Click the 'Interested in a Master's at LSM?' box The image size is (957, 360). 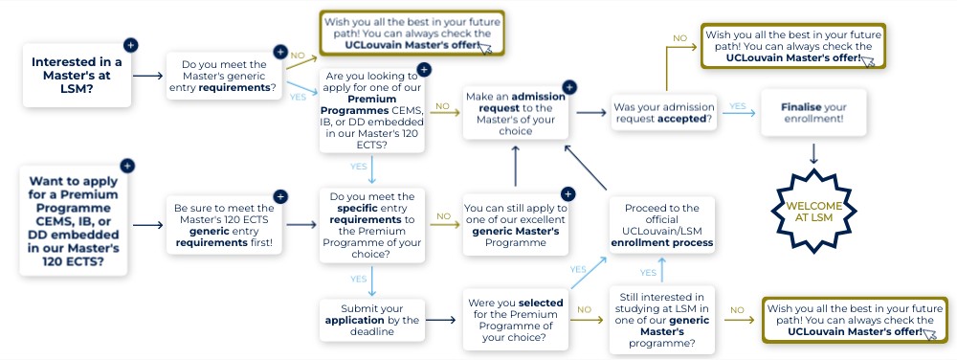77,76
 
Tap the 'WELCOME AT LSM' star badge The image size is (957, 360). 813,212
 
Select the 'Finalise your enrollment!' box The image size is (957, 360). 812,113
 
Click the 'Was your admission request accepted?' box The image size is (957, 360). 664,113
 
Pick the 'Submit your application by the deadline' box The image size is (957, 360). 372,320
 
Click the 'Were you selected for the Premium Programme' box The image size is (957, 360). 516,320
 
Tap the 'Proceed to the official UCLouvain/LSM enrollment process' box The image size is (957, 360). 662,225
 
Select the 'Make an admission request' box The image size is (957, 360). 516,113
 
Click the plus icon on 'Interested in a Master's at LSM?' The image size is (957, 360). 130,45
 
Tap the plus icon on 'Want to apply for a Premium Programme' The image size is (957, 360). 127,166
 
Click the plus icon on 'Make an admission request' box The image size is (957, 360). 568,87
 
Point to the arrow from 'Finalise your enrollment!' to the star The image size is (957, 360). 812,153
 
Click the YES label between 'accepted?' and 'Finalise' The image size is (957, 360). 737,106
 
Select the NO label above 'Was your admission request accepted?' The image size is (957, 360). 679,38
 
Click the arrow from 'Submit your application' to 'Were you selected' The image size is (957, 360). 440,320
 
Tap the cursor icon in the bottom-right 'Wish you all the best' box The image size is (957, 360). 930,334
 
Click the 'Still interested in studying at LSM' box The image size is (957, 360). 662,321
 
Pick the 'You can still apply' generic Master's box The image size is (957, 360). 516,225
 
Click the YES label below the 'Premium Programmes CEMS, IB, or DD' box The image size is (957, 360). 358,166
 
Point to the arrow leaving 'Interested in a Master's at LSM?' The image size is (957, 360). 147,76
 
